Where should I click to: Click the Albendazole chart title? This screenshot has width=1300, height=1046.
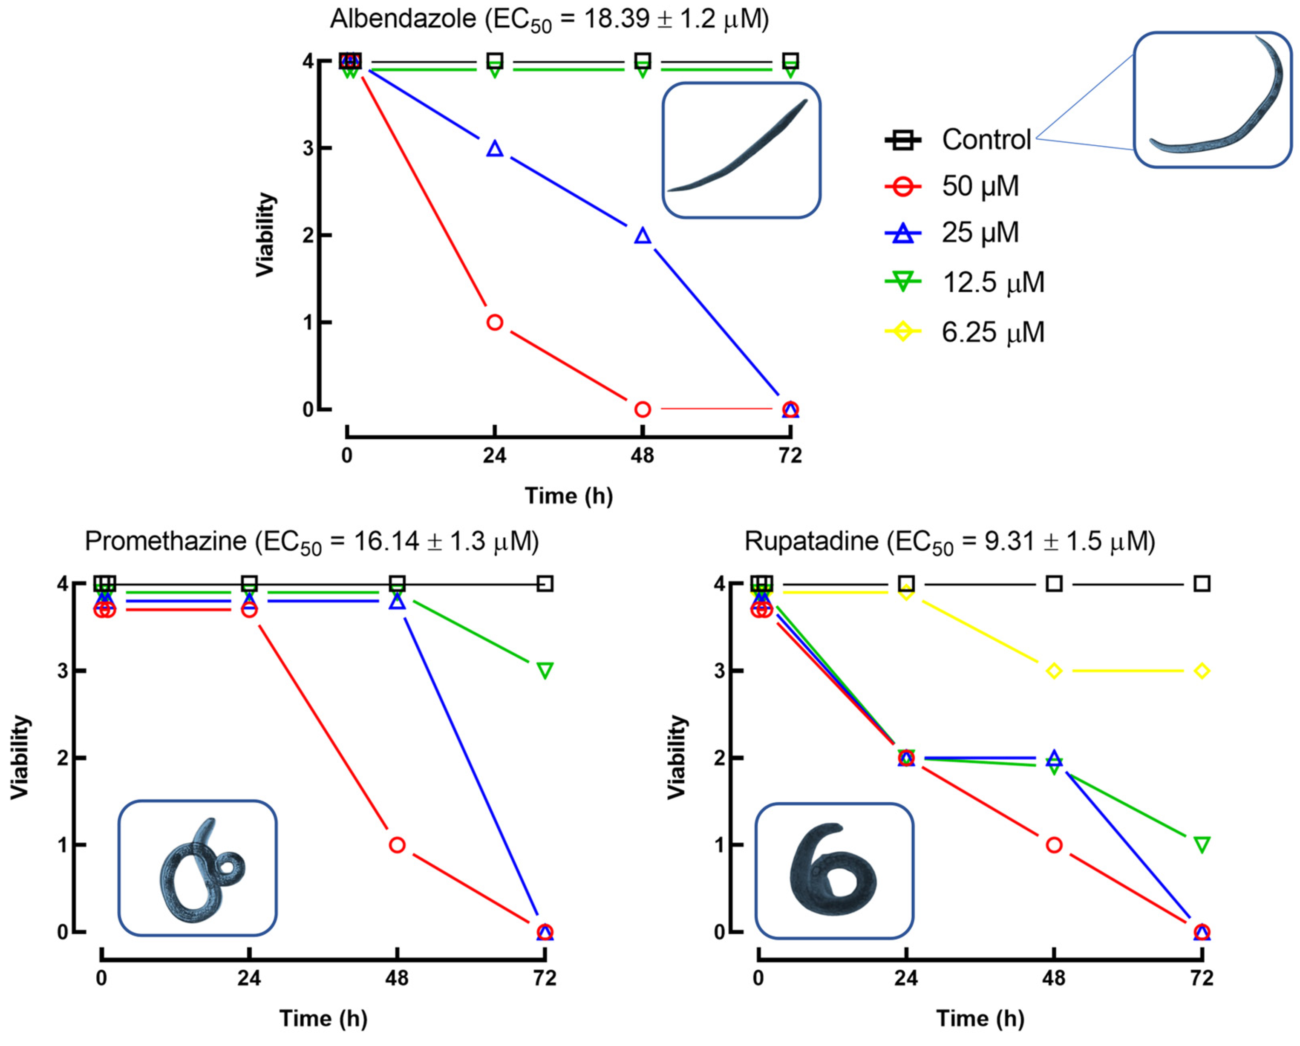(x=549, y=19)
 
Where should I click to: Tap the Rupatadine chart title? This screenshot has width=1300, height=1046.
(x=950, y=542)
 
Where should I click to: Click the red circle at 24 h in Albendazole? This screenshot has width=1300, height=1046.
(x=494, y=323)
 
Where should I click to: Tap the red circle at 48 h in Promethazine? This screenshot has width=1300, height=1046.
(x=397, y=844)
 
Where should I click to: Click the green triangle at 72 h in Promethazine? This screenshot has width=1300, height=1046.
(x=545, y=670)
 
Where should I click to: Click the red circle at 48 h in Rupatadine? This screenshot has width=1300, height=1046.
(x=1053, y=844)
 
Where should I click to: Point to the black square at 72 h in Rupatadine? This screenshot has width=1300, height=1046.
(x=1202, y=584)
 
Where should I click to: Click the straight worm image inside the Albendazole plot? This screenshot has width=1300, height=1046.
(x=741, y=150)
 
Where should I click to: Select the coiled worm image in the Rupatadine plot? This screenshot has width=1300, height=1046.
(x=834, y=870)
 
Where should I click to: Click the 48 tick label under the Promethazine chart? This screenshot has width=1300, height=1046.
(x=397, y=978)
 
